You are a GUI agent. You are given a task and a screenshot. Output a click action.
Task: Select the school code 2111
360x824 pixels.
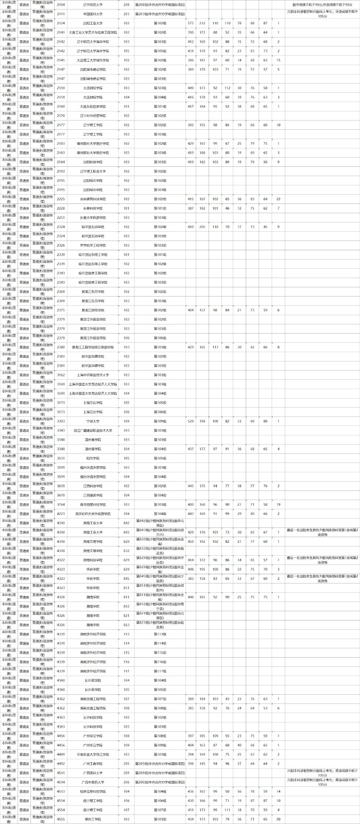tap(61, 14)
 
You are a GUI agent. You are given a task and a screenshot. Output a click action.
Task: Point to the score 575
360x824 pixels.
tap(191, 23)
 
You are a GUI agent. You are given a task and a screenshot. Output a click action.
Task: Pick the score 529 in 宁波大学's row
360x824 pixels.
tap(191, 421)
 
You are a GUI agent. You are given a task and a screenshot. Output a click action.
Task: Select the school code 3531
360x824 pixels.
tap(61, 458)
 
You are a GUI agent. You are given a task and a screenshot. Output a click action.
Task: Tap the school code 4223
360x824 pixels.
tap(61, 513)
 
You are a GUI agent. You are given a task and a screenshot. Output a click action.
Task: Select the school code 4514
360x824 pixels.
tap(61, 782)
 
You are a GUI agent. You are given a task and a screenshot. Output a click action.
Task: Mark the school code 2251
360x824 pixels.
tap(61, 217)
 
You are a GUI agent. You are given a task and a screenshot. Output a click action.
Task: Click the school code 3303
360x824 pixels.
tap(61, 421)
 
